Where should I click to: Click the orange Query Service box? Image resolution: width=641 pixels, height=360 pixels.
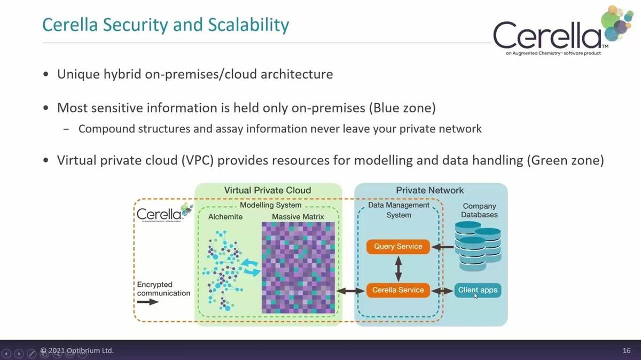click(x=398, y=246)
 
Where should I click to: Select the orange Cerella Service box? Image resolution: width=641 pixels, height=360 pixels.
click(x=398, y=290)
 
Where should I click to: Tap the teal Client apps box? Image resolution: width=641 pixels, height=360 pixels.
click(x=478, y=290)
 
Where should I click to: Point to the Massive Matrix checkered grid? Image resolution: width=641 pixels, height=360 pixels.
click(x=299, y=267)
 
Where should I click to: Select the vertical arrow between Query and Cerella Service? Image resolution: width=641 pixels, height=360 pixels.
click(x=398, y=268)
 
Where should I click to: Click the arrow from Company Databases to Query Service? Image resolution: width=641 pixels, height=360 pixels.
click(x=442, y=247)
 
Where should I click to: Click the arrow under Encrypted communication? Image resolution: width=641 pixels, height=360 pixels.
click(x=148, y=302)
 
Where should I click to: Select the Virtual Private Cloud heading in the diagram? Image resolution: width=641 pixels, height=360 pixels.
click(x=267, y=190)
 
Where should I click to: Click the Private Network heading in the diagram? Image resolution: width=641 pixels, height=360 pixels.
click(x=429, y=190)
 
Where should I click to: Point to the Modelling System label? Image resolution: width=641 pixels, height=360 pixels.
click(x=270, y=205)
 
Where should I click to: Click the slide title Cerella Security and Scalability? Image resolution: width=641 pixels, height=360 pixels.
click(x=166, y=25)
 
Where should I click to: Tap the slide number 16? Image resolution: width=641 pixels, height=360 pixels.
click(x=627, y=350)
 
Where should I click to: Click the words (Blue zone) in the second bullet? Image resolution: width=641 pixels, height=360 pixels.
click(x=402, y=107)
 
